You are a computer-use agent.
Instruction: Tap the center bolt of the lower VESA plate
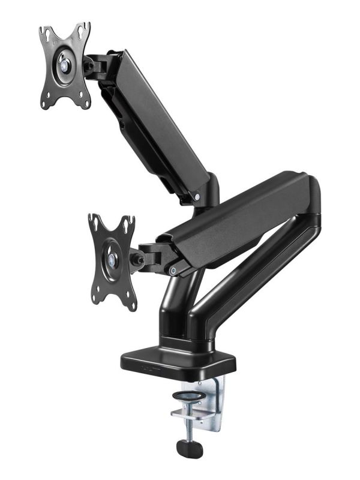click(112, 259)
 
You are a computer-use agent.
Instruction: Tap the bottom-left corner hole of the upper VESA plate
click(46, 103)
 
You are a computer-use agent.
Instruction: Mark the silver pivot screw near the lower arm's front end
click(173, 271)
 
